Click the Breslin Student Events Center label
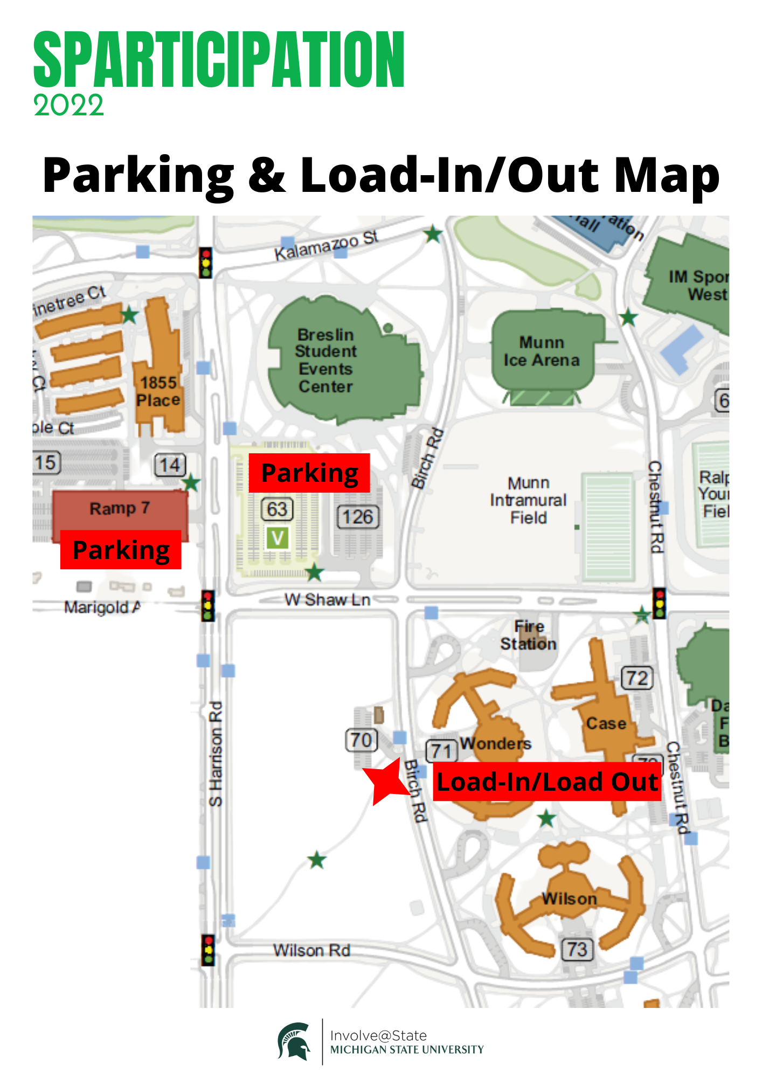coord(325,360)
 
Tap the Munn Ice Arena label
coord(541,351)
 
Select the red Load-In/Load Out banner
coord(546,782)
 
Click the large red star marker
coord(386,782)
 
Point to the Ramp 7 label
coord(120,508)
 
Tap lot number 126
coord(358,517)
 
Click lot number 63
coord(277,509)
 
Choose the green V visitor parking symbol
coord(278,537)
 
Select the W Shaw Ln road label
coord(327,599)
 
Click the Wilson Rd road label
coord(311,950)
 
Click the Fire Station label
coord(529,635)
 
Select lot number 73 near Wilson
coord(577,949)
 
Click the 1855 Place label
coord(158,391)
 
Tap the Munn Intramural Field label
coord(528,500)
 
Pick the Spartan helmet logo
coord(295,1041)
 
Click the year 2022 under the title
coord(68,105)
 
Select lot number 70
coord(361,740)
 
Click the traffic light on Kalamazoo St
coord(205,262)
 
